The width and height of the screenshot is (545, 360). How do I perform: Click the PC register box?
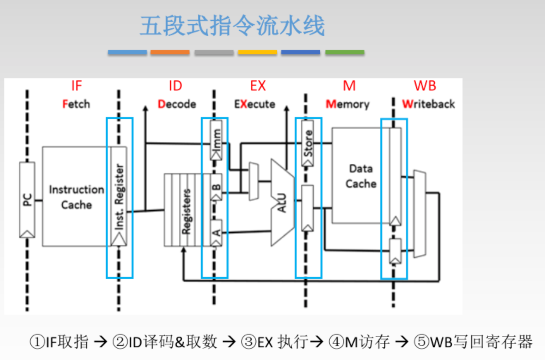27,200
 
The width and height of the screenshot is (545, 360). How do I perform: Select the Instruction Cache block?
76,197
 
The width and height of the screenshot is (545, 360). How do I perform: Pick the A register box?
216,232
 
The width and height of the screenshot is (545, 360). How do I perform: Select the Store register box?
308,143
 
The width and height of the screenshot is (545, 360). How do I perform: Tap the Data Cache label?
361,176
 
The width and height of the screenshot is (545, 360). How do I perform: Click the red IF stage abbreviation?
76,86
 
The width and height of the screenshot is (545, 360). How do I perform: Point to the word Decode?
177,104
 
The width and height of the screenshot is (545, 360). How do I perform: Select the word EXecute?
255,104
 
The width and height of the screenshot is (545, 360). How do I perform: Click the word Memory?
348,104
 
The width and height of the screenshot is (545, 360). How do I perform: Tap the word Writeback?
428,104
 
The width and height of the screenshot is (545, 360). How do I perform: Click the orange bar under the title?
170,52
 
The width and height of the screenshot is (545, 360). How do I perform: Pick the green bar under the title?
344,52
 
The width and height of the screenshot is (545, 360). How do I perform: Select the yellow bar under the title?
257,52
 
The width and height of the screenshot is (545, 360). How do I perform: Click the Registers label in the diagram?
186,211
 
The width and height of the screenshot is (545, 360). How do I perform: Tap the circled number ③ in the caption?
248,342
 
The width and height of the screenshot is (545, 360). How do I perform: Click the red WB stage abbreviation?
425,86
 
